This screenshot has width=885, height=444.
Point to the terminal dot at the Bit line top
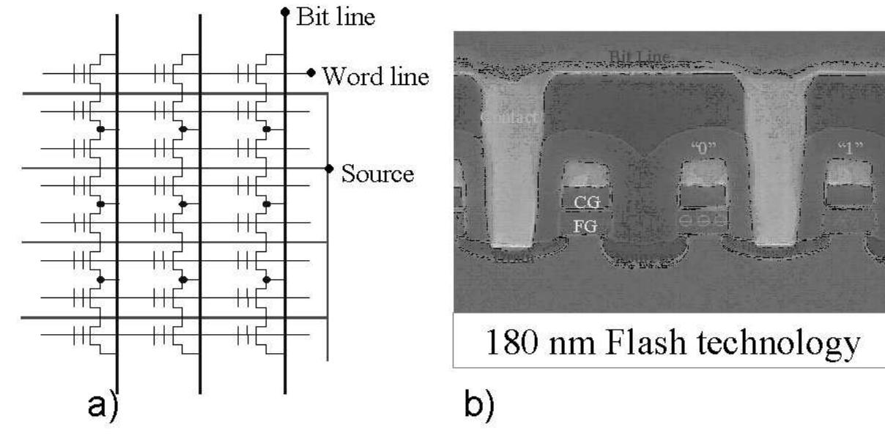pos(284,12)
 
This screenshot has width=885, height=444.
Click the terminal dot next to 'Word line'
pos(311,72)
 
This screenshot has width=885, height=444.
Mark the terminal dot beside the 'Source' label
pos(329,169)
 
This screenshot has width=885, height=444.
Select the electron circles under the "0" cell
pos(704,220)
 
